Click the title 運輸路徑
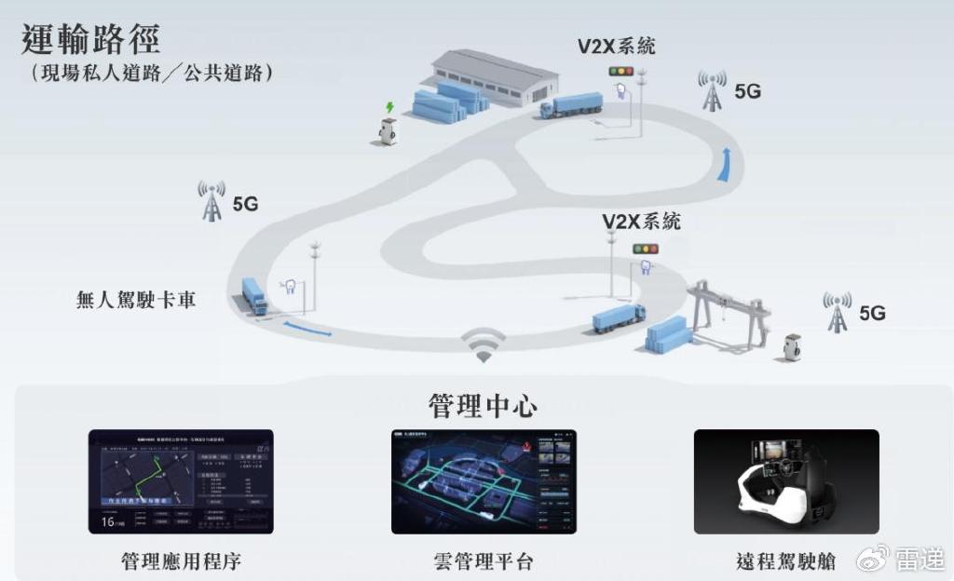(90, 38)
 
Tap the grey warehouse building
(494, 77)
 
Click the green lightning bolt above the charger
(388, 106)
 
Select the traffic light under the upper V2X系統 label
(620, 72)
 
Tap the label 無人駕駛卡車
(136, 300)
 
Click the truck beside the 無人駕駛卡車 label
(253, 296)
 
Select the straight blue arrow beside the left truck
(307, 328)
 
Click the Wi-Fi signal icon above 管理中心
(485, 345)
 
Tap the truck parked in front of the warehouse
(571, 104)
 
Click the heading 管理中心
(483, 405)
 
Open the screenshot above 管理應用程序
(181, 481)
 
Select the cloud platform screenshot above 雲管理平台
(484, 481)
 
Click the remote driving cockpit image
(785, 481)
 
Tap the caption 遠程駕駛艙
(785, 561)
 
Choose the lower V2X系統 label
(641, 222)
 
